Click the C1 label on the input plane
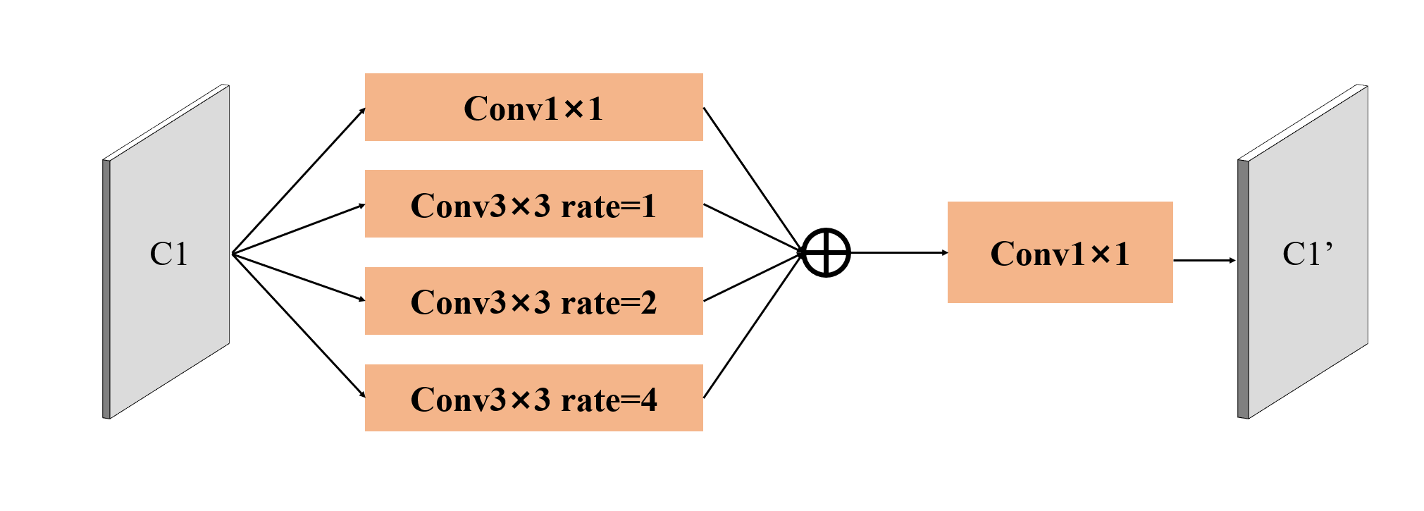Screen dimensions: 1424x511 (169, 254)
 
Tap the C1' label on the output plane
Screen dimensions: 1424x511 (1307, 254)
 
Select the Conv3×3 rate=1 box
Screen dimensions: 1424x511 (534, 204)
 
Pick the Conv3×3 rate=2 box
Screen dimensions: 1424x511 (534, 301)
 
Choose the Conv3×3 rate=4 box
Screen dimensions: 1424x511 (534, 398)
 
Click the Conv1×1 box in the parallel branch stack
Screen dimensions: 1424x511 (534, 107)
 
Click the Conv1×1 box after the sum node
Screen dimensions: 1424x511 (1060, 252)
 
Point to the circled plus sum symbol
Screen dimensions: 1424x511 (826, 252)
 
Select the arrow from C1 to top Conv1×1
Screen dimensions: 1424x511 (299, 180)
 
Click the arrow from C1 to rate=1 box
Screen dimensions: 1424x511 (299, 229)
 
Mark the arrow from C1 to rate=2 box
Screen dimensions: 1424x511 (299, 277)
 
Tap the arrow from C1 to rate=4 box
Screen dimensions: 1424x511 (299, 325)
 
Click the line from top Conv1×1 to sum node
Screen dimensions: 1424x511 (753, 180)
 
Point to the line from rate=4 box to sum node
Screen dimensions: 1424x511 (753, 325)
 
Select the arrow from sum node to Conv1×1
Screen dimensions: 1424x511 (899, 252)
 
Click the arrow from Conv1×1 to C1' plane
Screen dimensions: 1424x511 (1205, 260)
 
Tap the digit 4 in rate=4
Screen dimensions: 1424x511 (648, 400)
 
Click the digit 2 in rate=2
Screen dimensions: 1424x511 (648, 303)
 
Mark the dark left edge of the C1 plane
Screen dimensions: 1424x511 (106, 289)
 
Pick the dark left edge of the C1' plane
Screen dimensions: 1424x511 (1243, 289)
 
